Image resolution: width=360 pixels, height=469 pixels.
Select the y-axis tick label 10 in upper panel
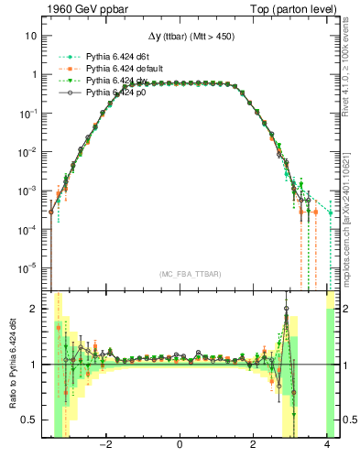[x=31, y=36]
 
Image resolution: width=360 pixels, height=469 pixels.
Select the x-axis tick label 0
[x=180, y=446]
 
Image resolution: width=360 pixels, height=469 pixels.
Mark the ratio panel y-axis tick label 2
[x=34, y=309]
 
